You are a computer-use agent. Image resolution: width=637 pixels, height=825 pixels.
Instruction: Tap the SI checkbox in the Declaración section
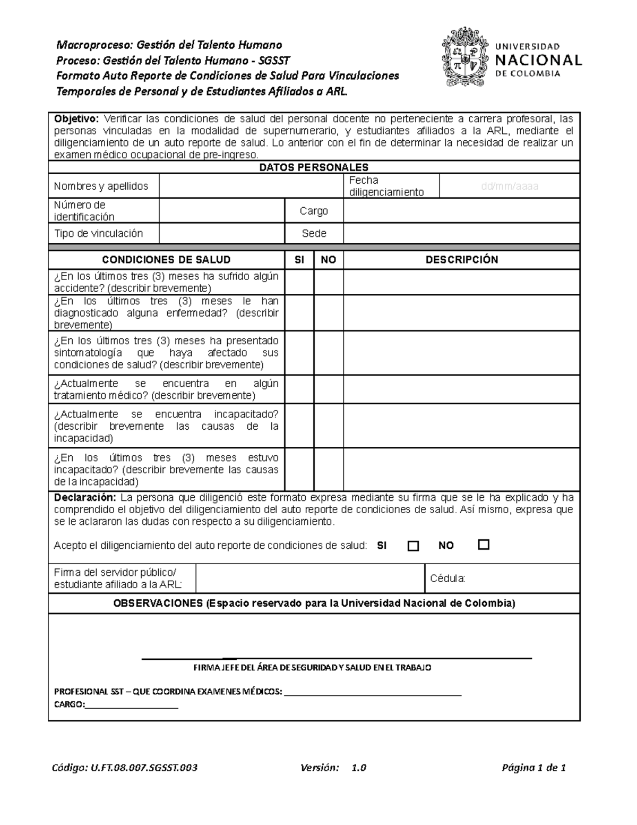coord(413,546)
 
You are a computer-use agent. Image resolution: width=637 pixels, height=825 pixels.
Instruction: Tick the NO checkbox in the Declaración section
coord(484,545)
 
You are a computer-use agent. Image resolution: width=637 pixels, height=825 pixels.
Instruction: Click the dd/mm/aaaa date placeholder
coord(509,186)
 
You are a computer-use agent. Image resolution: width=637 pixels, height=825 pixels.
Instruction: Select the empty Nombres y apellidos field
coord(251,186)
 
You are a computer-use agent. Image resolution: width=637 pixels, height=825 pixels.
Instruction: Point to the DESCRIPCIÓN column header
coord(461,260)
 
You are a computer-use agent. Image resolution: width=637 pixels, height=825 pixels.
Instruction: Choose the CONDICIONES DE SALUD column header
coord(166,260)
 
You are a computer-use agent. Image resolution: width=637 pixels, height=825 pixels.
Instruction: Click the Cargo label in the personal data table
coord(314,211)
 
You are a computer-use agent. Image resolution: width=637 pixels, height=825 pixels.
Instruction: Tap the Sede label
coord(314,233)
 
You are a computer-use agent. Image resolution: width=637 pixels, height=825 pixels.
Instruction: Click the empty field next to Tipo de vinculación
coord(222,233)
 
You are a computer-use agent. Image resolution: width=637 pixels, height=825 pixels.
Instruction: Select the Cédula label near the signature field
coord(447,579)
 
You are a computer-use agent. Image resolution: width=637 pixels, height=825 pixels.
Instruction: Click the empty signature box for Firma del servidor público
coord(310,579)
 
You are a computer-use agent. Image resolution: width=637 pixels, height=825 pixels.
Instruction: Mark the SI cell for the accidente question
coord(299,282)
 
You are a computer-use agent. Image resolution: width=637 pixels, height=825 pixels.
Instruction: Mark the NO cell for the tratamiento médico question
coord(329,389)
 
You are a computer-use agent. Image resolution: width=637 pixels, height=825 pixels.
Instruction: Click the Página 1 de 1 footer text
coord(533,768)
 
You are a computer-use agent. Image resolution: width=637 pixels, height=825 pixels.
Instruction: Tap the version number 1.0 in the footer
coord(359,768)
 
